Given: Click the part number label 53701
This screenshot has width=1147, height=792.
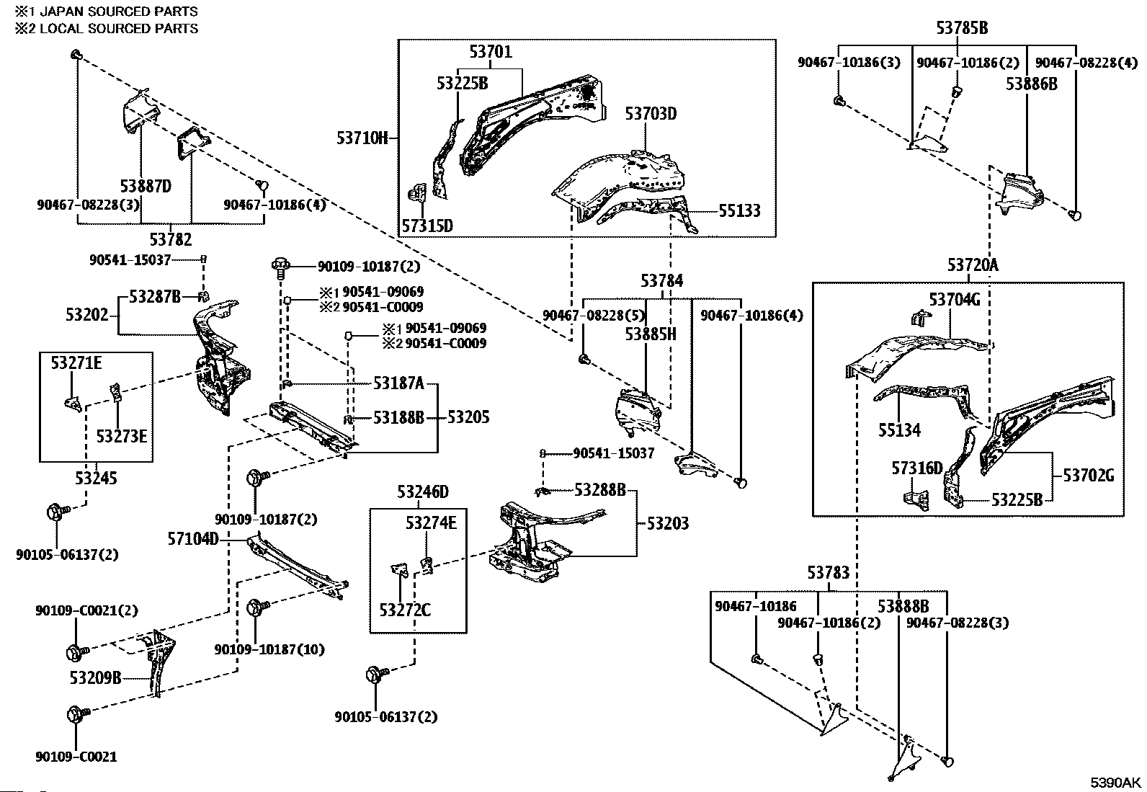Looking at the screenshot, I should [x=491, y=52].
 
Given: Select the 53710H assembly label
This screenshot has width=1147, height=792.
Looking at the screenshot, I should [x=362, y=137].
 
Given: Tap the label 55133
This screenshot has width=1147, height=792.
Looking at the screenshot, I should [x=739, y=210].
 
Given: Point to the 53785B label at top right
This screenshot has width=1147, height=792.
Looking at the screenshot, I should [x=962, y=28].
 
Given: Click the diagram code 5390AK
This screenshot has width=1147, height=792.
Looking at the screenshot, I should [x=1115, y=783].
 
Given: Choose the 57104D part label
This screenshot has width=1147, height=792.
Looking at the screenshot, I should [x=193, y=538].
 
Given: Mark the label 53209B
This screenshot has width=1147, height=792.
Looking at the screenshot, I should [x=95, y=677].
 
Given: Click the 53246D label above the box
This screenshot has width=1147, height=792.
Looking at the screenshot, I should [x=423, y=492].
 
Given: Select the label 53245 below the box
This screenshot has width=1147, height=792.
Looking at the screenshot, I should [x=95, y=478].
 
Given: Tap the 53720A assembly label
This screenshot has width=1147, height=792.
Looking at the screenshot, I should [x=973, y=265].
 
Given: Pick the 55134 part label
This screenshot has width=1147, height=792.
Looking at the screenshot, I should [x=899, y=430].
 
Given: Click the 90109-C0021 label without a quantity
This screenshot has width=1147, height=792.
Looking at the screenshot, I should [x=76, y=757].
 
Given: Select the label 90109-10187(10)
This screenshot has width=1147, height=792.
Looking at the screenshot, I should [x=269, y=649].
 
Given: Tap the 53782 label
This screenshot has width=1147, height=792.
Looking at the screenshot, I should [x=171, y=239].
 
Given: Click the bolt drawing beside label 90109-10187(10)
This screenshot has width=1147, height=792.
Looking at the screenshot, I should [x=257, y=607].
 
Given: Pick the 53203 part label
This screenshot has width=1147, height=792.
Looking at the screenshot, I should [x=667, y=523].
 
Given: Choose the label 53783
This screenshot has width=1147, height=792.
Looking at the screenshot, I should [x=828, y=573].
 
